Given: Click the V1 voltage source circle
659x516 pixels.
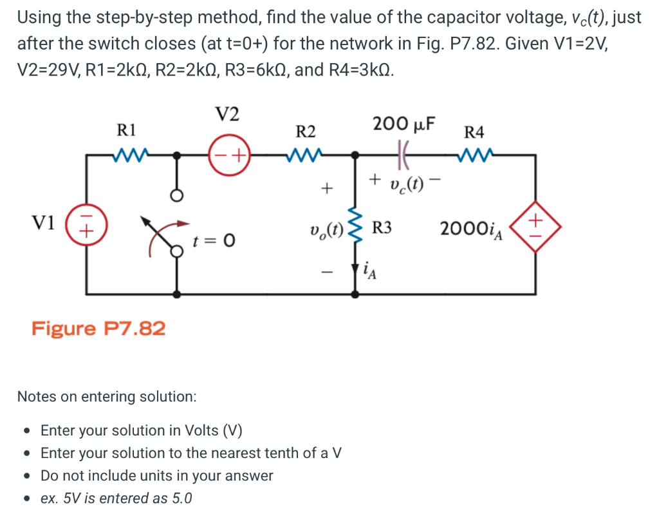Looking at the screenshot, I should pos(88,226).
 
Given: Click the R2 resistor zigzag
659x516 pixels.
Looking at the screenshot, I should pos(305,155).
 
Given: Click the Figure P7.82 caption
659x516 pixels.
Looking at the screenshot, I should pos(98,329).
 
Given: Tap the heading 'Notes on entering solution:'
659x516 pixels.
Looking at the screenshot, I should pos(107,396).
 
